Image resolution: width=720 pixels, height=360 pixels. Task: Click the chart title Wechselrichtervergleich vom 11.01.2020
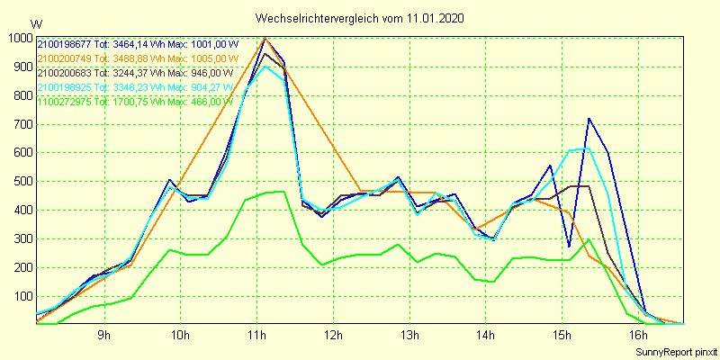360,18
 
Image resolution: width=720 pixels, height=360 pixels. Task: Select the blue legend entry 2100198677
138,42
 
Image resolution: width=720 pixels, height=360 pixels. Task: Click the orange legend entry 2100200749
138,58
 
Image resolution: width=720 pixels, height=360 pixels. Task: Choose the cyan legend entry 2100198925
138,86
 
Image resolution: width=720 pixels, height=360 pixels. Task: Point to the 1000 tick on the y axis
18,38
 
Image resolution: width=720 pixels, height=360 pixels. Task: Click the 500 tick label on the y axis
21,182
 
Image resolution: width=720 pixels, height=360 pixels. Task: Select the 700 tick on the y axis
21,124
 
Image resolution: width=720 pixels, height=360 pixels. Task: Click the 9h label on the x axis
103,336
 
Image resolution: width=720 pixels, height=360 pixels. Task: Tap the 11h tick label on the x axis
257,336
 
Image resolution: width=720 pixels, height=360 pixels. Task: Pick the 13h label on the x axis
410,336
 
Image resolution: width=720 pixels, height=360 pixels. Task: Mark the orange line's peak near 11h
265,38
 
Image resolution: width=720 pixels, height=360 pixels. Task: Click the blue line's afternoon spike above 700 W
589,119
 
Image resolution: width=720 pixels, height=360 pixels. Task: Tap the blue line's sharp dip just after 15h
569,246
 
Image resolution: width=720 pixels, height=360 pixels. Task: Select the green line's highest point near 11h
283,191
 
